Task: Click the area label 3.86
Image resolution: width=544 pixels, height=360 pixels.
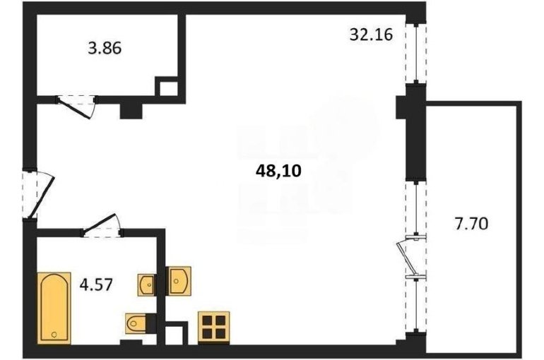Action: [105, 48]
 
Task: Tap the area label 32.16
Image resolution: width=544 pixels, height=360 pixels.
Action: [371, 35]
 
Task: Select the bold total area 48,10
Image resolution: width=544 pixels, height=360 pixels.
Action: [278, 171]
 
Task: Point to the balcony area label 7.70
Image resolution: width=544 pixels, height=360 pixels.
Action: [471, 224]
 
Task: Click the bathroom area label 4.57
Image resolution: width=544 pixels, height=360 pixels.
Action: [96, 284]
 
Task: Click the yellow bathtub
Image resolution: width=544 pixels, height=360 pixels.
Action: [54, 308]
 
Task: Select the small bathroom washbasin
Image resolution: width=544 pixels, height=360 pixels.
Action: [146, 284]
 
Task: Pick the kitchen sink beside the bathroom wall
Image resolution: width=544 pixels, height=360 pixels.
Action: [179, 281]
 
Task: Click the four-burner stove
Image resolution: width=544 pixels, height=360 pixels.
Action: [213, 328]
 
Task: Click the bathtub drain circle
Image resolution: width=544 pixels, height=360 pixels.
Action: [54, 335]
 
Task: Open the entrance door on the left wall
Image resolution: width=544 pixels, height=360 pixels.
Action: [38, 194]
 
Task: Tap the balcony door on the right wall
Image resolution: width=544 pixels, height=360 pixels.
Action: [410, 256]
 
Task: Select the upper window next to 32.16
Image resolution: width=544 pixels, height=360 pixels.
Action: [416, 54]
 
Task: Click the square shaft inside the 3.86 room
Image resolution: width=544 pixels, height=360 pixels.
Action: [169, 88]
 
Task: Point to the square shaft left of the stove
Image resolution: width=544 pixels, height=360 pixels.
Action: [177, 333]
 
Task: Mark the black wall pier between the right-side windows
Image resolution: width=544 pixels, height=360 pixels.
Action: [413, 133]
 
